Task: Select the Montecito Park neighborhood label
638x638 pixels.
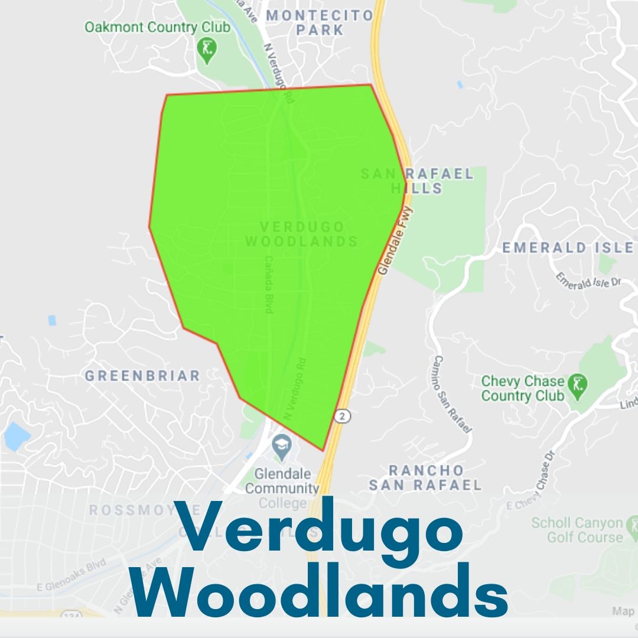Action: click(x=320, y=22)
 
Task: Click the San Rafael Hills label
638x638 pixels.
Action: click(x=417, y=181)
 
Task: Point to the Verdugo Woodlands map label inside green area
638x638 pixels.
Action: click(x=302, y=234)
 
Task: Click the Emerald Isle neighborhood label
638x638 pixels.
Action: click(x=567, y=248)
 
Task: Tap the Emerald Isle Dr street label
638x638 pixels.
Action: click(x=589, y=279)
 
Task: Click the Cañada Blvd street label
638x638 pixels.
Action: click(x=269, y=284)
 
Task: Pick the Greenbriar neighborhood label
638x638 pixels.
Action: click(x=142, y=376)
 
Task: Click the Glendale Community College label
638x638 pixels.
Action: click(x=282, y=488)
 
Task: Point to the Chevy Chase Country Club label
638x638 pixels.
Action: click(x=523, y=388)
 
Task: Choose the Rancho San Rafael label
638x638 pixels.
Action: click(x=425, y=478)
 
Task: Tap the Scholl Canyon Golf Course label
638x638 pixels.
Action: click(x=577, y=530)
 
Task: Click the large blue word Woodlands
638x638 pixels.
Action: click(x=320, y=593)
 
